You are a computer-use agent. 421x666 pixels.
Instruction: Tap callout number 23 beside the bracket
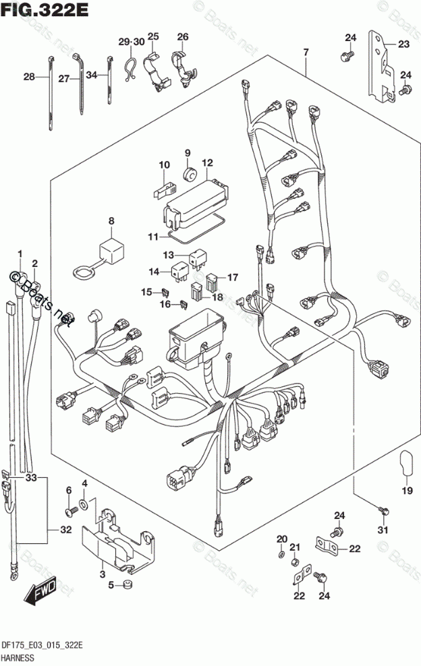tap(403, 44)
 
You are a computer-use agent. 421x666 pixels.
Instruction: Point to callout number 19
tap(407, 491)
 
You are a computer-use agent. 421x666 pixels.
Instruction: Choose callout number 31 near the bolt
tap(383, 529)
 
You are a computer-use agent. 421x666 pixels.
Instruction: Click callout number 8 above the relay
tap(111, 220)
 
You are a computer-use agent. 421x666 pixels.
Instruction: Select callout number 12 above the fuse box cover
tap(206, 162)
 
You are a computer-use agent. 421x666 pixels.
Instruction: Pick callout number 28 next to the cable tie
tap(28, 78)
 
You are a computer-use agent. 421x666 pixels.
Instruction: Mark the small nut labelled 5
tap(124, 584)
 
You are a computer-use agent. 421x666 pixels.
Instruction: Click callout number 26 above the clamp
tap(183, 36)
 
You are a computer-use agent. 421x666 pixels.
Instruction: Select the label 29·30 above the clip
tap(132, 42)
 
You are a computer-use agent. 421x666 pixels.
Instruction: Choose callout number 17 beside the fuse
tap(233, 276)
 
